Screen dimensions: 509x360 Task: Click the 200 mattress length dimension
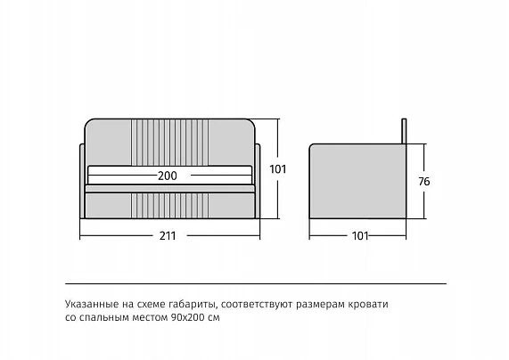[x=168, y=176]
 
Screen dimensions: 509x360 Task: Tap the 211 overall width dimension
[x=168, y=235]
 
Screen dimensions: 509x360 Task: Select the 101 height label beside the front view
[x=278, y=169]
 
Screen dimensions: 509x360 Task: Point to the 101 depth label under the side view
[x=360, y=235]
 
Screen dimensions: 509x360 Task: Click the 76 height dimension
[x=424, y=182]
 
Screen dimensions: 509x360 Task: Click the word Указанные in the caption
[x=92, y=304]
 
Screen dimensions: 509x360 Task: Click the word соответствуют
[x=258, y=305]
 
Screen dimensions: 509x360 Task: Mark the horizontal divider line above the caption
[x=256, y=283]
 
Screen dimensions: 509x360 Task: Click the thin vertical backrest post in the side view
[x=404, y=131]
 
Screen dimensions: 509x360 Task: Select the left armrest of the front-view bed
[x=82, y=181]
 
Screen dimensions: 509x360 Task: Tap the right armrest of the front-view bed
[x=258, y=181]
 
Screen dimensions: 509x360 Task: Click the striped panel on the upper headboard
[x=169, y=143]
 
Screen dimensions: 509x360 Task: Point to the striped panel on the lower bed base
[x=169, y=206]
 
